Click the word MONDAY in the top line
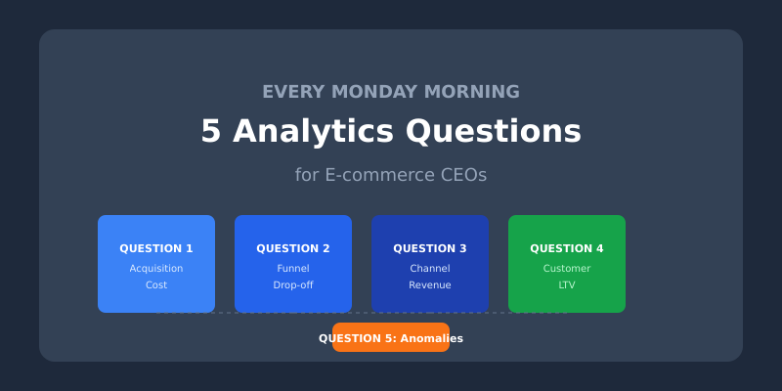pyautogui.click(x=381, y=92)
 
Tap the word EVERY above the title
pyautogui.click(x=294, y=92)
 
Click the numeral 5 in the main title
pyautogui.click(x=211, y=131)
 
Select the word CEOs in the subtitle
pyautogui.click(x=459, y=175)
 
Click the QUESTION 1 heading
pyautogui.click(x=156, y=248)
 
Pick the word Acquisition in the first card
pyautogui.click(x=156, y=268)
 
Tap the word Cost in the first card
pyautogui.click(x=156, y=285)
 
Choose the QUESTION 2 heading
pyautogui.click(x=293, y=248)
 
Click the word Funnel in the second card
pyautogui.click(x=293, y=268)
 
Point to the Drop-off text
pyautogui.click(x=293, y=285)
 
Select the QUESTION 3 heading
pyautogui.click(x=430, y=248)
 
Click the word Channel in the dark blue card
pyautogui.click(x=430, y=268)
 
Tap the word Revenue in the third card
pyautogui.click(x=430, y=285)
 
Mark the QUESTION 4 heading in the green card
pyautogui.click(x=567, y=248)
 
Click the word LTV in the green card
pyautogui.click(x=567, y=285)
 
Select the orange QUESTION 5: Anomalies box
pyautogui.click(x=391, y=338)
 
